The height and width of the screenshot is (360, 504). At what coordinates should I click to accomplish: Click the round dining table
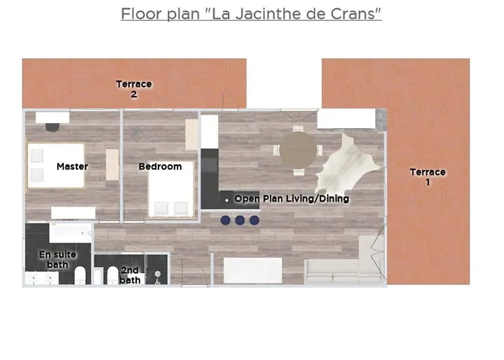298,150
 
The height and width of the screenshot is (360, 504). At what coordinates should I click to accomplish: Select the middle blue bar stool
240,220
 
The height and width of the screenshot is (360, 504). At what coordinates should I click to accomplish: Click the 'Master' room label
72,167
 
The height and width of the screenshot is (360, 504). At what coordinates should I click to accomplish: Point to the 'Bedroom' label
160,167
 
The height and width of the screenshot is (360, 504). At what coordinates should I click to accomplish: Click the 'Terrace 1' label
428,177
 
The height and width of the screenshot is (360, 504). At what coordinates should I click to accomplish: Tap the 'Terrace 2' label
134,89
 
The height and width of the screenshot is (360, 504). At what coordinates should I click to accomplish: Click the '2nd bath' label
130,275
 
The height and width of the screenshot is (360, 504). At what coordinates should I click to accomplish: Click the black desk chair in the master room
53,127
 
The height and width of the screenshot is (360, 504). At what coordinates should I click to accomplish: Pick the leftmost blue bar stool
225,220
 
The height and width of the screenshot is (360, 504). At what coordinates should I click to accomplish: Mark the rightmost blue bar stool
254,220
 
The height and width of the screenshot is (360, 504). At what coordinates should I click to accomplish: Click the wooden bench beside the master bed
112,164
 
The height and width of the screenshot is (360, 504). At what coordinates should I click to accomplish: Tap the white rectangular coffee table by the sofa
252,270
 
